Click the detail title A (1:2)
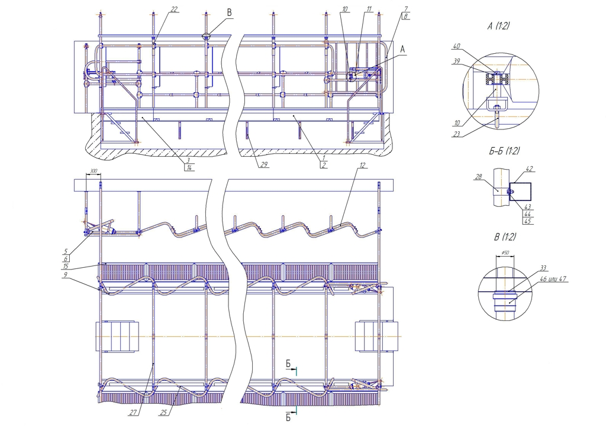[498, 26]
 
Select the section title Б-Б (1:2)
[504, 151]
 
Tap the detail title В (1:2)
[505, 236]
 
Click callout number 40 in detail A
[457, 46]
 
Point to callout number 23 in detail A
[457, 134]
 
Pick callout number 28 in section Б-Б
[479, 177]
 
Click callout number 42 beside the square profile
[530, 168]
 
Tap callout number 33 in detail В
[543, 268]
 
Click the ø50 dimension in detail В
[505, 252]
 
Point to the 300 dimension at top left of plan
[93, 171]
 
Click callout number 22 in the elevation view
[175, 9]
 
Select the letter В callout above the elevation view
[229, 12]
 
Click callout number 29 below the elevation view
[264, 164]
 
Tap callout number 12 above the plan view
[362, 165]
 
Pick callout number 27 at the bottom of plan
[133, 413]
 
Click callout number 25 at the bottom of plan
[163, 413]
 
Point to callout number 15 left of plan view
[66, 266]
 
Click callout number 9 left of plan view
[66, 275]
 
